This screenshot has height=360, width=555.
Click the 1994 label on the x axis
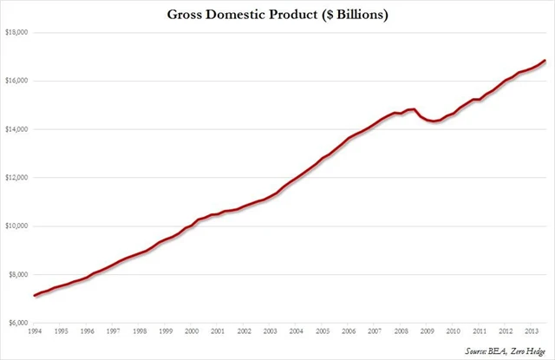tap(35, 332)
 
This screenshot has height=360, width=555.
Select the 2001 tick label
tap(219, 332)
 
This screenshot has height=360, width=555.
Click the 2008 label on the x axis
tap(402, 332)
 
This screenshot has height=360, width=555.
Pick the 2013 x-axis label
tap(532, 332)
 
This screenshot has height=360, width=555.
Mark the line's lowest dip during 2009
tap(434, 121)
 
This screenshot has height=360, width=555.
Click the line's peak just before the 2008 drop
tap(415, 109)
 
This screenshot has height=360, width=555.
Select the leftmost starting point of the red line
tap(35, 296)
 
